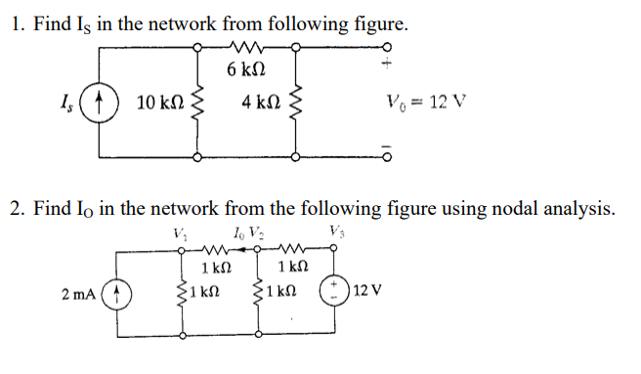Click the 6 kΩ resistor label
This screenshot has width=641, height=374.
coord(244,70)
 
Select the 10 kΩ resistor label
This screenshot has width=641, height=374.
coord(157,102)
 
